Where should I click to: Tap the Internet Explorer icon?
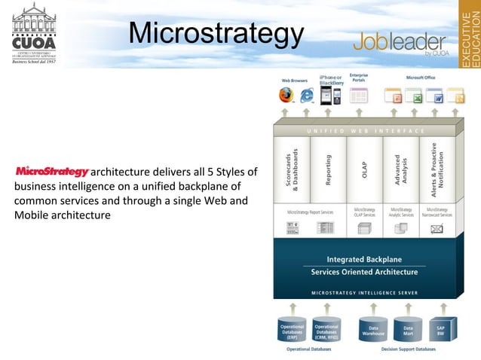point(307,96)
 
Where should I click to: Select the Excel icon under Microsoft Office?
point(414,96)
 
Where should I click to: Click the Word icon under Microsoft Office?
point(435,96)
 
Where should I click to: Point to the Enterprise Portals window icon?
point(359,96)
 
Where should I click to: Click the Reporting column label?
point(329,170)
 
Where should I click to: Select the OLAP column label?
point(365,170)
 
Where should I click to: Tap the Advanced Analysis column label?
point(401,169)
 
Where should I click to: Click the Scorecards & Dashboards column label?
point(293,169)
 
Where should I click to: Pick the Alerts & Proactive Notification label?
point(438,169)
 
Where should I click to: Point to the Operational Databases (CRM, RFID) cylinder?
point(326,329)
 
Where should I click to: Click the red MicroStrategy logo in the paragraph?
point(52,171)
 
